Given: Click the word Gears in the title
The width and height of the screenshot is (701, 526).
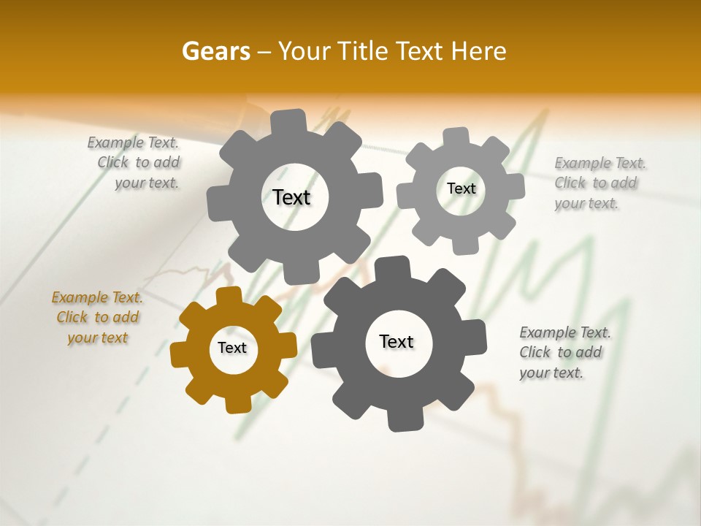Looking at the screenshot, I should tap(215, 51).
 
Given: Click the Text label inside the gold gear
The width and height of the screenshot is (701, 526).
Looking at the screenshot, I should tap(232, 348).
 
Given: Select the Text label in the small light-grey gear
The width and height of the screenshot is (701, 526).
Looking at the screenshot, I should tap(461, 188).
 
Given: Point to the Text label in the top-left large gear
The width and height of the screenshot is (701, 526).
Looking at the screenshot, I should tap(291, 197).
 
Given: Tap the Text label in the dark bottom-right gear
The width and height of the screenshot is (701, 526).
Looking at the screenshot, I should tap(397, 341).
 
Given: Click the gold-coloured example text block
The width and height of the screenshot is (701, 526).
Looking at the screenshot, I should tap(97, 317).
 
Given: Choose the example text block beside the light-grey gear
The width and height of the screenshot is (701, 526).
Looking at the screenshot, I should tap(599, 183).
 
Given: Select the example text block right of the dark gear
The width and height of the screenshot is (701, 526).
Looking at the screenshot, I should tap(564, 352).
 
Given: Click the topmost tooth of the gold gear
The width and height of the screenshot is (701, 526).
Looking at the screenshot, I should tap(229, 295).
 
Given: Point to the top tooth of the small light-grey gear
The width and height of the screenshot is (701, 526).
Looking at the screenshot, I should tap(456, 136).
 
